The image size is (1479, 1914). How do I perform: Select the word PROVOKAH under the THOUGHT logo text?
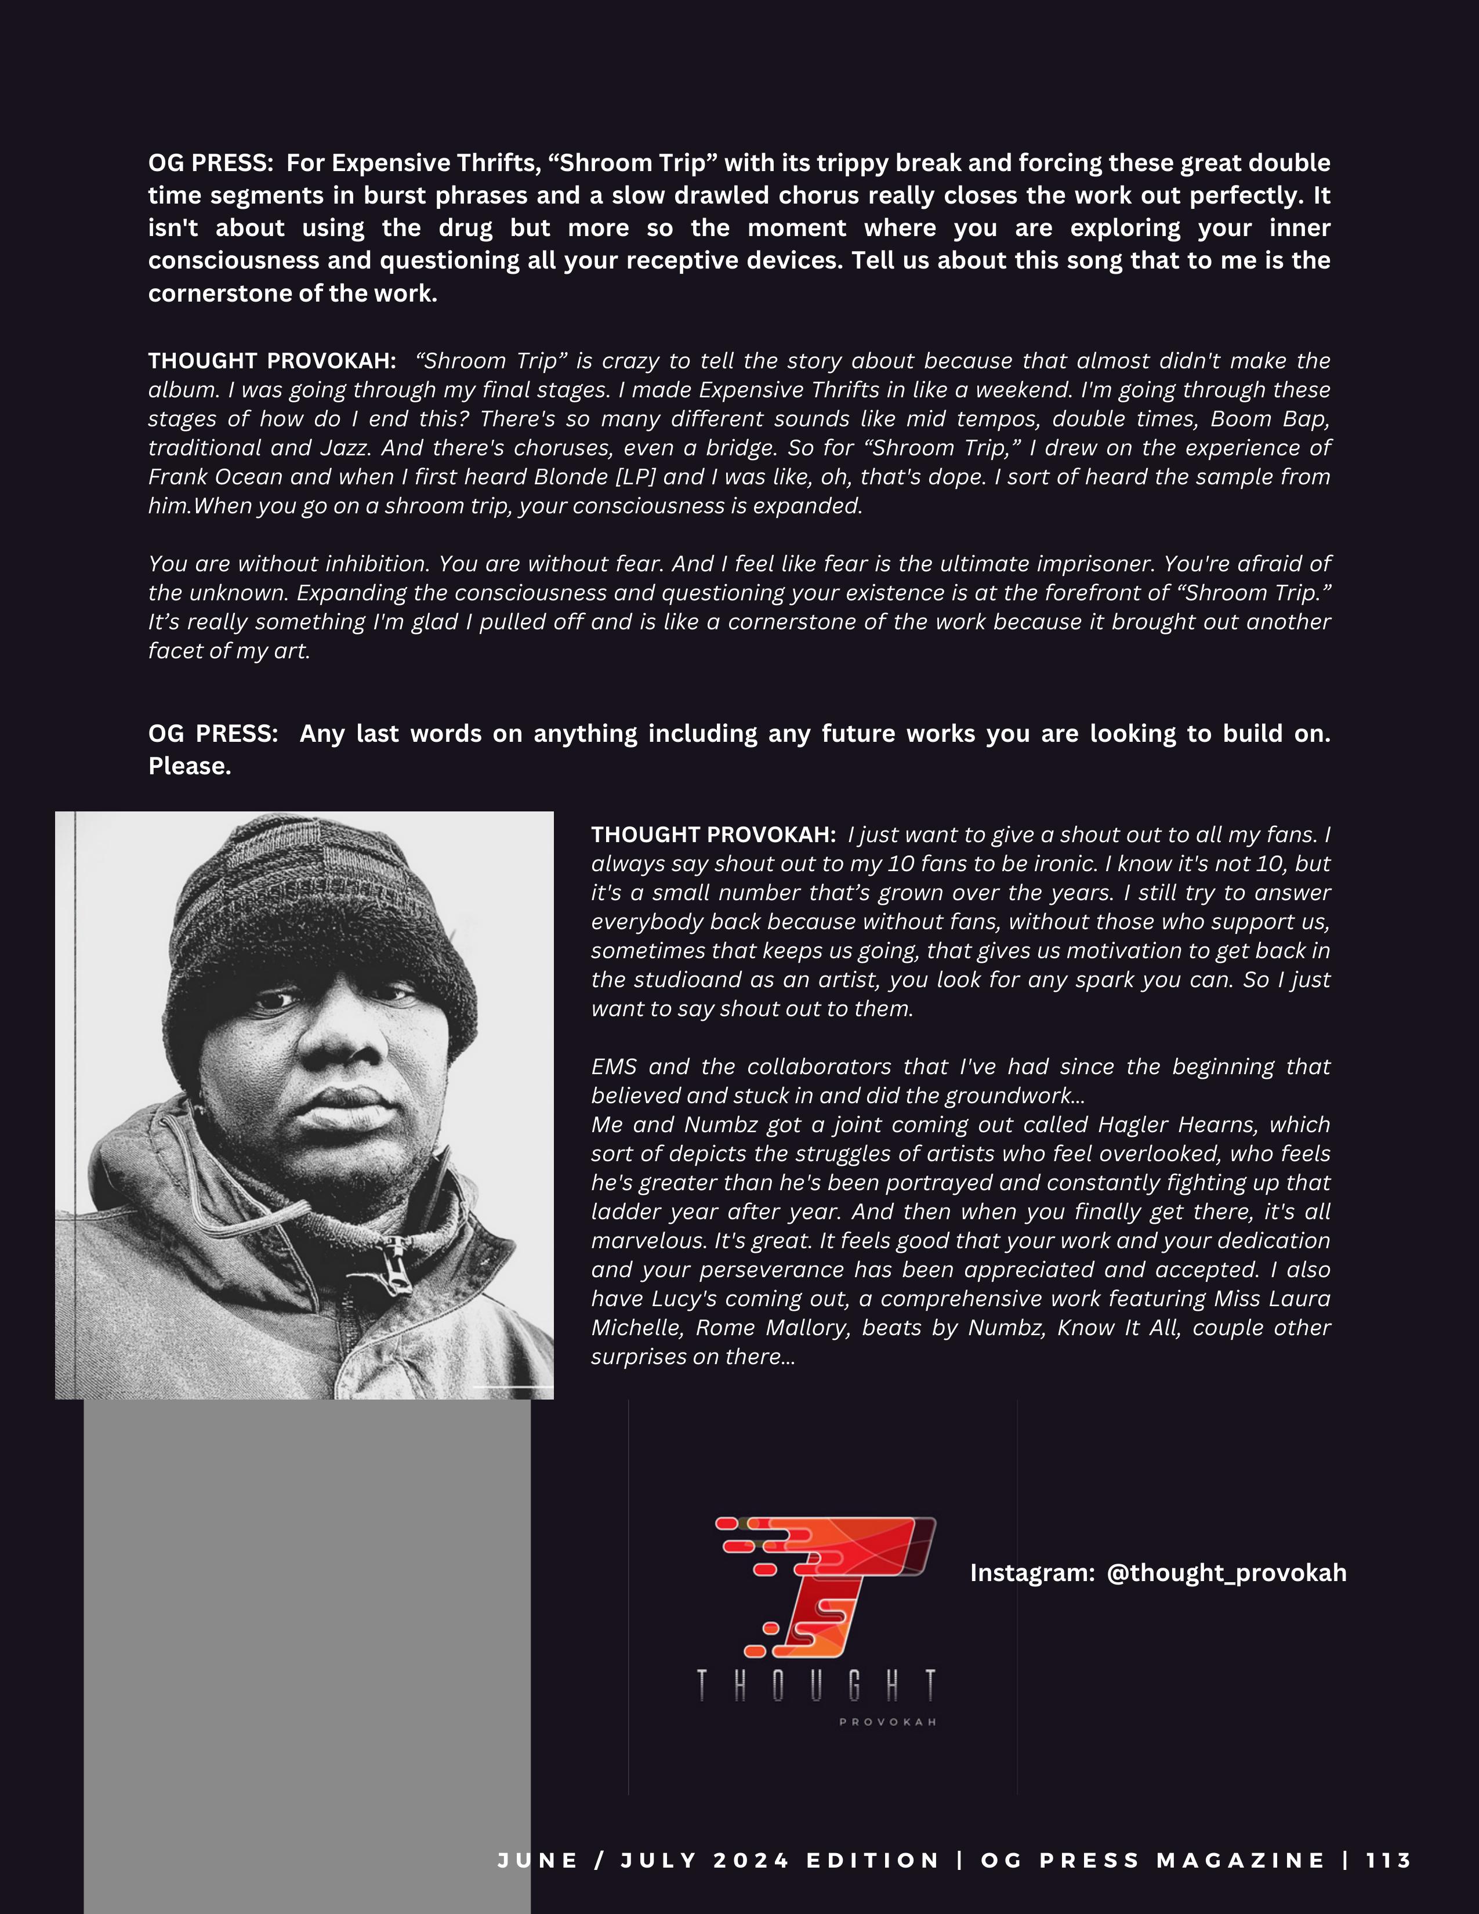pyautogui.click(x=887, y=1722)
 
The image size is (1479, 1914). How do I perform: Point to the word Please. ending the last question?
pyautogui.click(x=189, y=766)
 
